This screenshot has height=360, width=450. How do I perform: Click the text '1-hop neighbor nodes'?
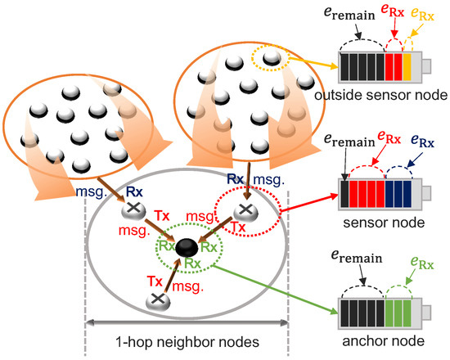point(188,340)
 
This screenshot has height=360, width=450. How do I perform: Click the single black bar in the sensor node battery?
point(347,194)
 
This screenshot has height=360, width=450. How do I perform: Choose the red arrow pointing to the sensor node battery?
point(308,200)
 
